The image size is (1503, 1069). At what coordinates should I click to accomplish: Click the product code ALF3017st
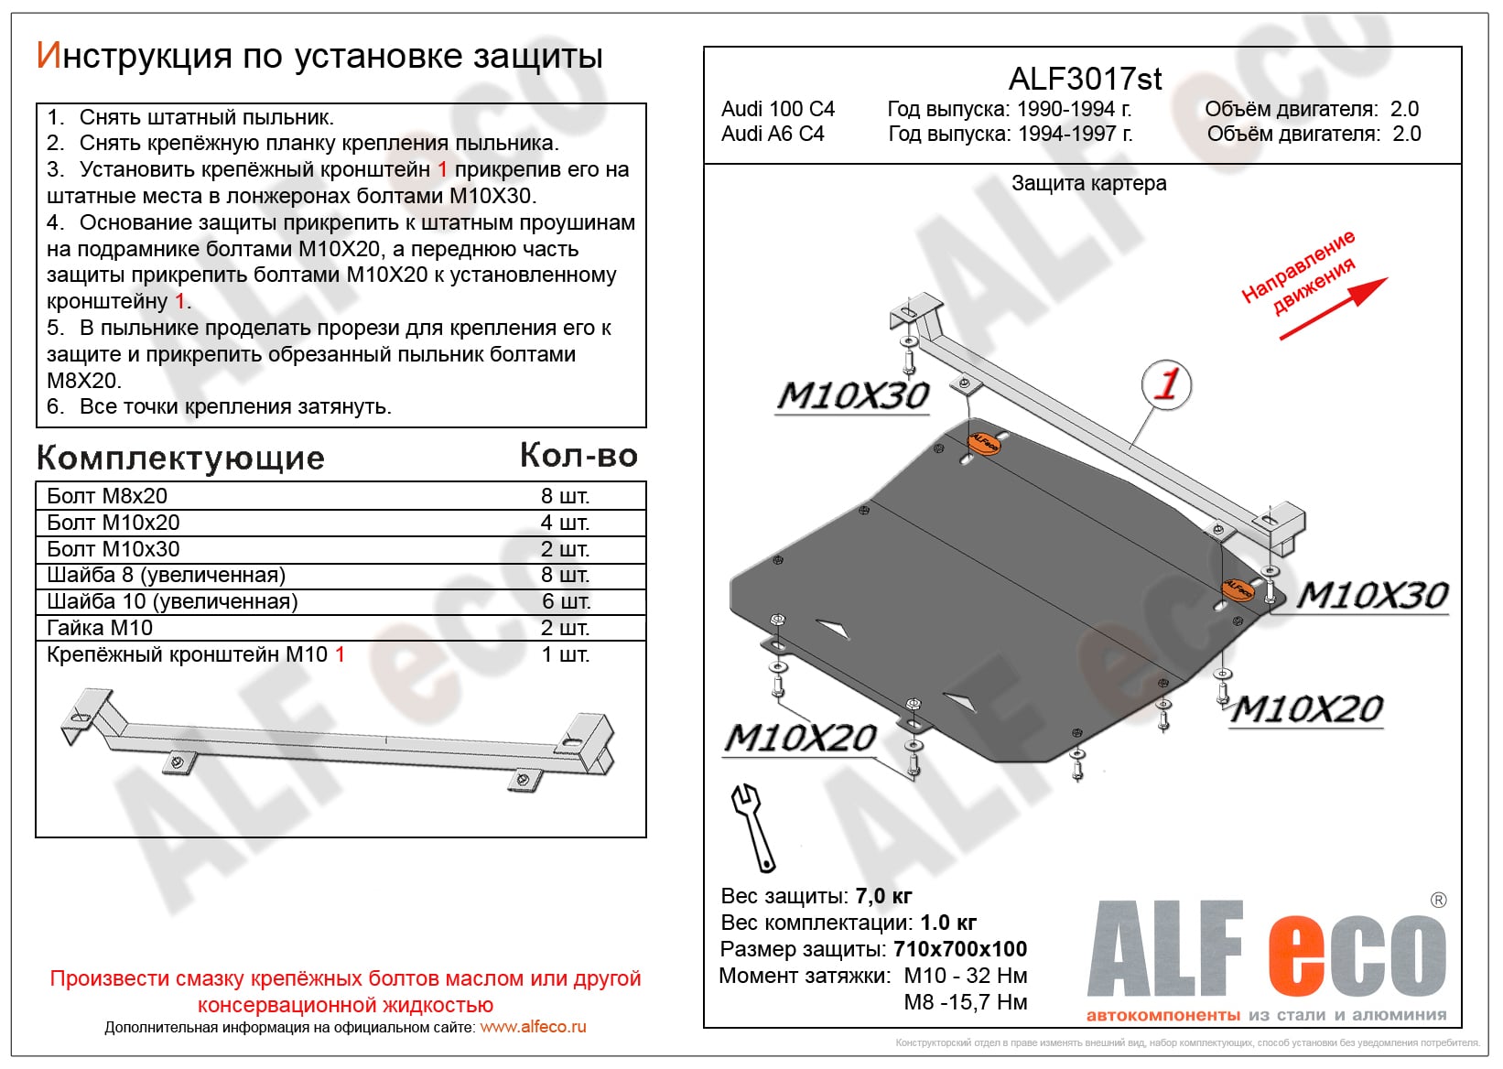coord(1085,79)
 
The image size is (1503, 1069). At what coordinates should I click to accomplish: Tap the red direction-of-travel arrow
coord(1334,308)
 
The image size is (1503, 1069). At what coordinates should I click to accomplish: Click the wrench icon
coord(752,826)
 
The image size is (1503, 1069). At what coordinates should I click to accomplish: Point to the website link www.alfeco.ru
coord(533,1027)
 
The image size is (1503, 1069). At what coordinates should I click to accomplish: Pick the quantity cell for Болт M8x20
coord(565,496)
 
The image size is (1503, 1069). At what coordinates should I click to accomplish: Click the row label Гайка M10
coord(100,628)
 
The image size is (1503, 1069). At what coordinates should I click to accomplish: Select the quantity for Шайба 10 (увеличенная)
coord(566,601)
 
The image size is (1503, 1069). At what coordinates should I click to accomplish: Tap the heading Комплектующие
coord(180,458)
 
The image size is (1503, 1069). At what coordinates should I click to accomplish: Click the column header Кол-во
coord(578,455)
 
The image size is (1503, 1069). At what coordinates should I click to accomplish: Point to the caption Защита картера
coord(1088,183)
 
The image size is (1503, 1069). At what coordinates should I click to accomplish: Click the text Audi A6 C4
coord(773,134)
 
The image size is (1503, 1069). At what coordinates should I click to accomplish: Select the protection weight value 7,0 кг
coord(883,896)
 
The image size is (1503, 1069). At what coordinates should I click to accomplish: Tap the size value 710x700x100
coord(960,949)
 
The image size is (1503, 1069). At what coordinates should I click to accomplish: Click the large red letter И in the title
coord(48,56)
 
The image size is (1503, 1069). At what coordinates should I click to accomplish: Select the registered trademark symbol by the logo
coord(1438,901)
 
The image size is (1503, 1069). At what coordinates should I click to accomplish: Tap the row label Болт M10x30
coord(114,549)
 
